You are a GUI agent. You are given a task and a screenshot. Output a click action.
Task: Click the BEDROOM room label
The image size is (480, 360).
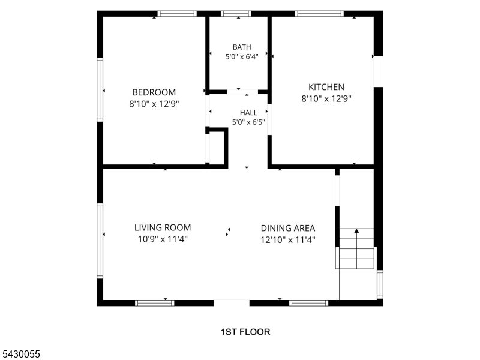tap(154, 92)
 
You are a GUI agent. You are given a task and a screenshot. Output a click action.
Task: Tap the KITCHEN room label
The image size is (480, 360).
tap(326, 87)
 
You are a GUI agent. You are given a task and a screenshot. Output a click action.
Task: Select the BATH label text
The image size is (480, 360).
tap(242, 47)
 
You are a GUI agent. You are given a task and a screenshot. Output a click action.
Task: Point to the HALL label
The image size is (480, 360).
tap(248, 113)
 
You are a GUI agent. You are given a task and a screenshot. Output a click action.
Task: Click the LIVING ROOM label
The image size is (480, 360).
tap(163, 227)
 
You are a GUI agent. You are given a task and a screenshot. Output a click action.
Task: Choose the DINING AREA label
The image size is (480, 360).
tap(288, 228)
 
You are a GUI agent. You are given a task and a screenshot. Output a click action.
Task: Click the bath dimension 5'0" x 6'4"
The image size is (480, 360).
tap(242, 56)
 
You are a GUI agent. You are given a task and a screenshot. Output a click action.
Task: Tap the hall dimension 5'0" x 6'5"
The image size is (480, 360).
tap(248, 122)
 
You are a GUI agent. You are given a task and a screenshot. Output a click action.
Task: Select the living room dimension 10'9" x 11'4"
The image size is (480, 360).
tap(163, 239)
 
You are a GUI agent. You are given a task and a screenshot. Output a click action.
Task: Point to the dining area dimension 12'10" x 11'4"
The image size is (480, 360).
tap(288, 239)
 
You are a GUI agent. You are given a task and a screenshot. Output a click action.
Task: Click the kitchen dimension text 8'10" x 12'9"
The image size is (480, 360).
tap(326, 98)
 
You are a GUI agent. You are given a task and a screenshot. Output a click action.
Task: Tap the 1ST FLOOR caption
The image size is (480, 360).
tap(245, 332)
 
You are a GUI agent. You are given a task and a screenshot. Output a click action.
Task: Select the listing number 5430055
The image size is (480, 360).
tap(20, 354)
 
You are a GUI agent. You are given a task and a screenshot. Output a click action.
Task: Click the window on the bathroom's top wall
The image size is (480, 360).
tap(236, 13)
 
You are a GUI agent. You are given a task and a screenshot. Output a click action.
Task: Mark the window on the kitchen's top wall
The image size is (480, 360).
tap(319, 13)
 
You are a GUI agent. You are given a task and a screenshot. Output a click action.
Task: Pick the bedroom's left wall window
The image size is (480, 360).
tap(100, 89)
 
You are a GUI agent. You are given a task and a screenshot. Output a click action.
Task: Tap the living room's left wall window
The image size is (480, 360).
tap(100, 241)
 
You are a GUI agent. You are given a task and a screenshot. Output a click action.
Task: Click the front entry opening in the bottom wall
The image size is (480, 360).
tap(232, 303)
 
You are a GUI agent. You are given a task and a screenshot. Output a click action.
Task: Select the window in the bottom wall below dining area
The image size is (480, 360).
tap(308, 303)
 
